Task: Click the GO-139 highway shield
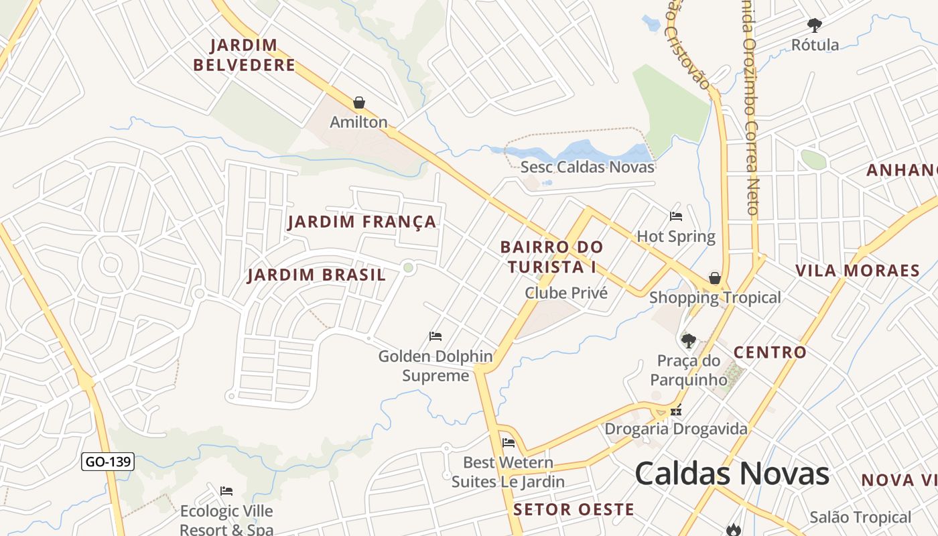(108, 462)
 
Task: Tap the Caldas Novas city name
(732, 474)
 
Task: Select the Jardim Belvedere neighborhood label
(244, 55)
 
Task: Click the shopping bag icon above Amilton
(359, 103)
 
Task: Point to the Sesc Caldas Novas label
(587, 167)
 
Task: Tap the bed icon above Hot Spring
(676, 216)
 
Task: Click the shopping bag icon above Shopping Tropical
(715, 278)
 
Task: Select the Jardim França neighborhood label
(362, 222)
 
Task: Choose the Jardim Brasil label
(316, 275)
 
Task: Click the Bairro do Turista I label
(551, 257)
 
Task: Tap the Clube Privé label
(566, 293)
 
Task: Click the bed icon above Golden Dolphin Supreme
(435, 336)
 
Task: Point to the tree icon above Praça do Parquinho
(688, 340)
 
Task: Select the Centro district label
(770, 352)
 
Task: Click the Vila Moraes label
(857, 271)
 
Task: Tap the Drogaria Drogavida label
(675, 428)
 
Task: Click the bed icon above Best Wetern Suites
(509, 442)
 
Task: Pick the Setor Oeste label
(574, 509)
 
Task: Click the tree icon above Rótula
(815, 25)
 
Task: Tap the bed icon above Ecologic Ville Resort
(226, 491)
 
